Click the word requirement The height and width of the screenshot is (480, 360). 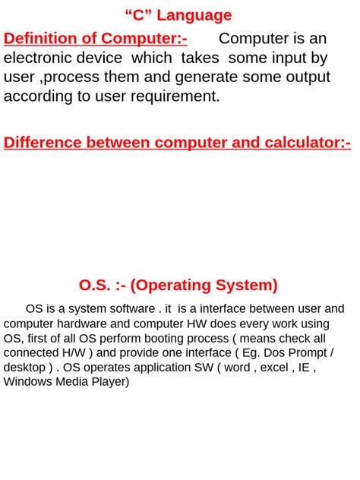click(x=172, y=96)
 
